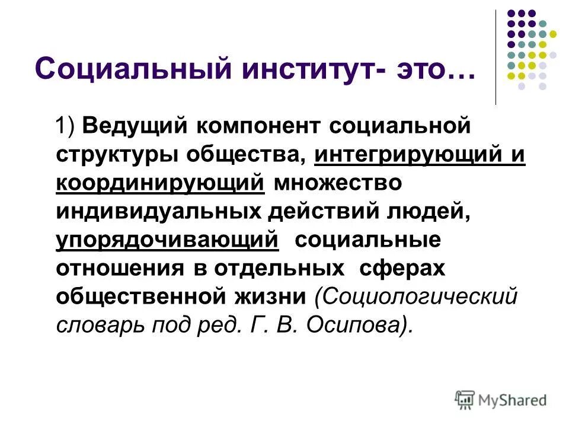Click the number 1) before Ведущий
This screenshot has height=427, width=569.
(66, 126)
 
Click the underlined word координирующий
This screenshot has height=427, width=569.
(160, 183)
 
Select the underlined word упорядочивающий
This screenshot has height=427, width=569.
(167, 240)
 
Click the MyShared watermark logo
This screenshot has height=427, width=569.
(500, 399)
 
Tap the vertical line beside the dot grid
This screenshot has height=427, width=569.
(496, 56)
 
